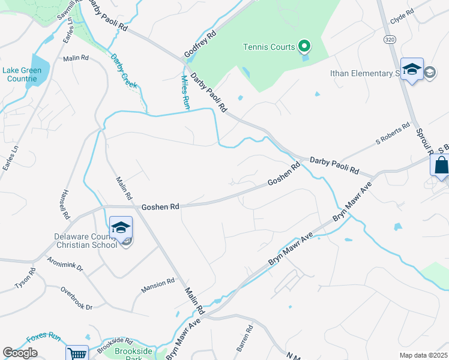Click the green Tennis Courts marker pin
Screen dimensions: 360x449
304,46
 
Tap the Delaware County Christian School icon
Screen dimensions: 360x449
121,228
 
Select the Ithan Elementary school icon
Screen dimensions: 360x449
412,70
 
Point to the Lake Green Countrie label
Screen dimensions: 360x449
22,74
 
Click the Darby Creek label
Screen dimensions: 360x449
124,71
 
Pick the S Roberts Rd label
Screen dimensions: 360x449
393,134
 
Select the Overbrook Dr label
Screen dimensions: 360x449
76,298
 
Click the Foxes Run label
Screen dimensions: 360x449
45,337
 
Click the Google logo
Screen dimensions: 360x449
20,353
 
